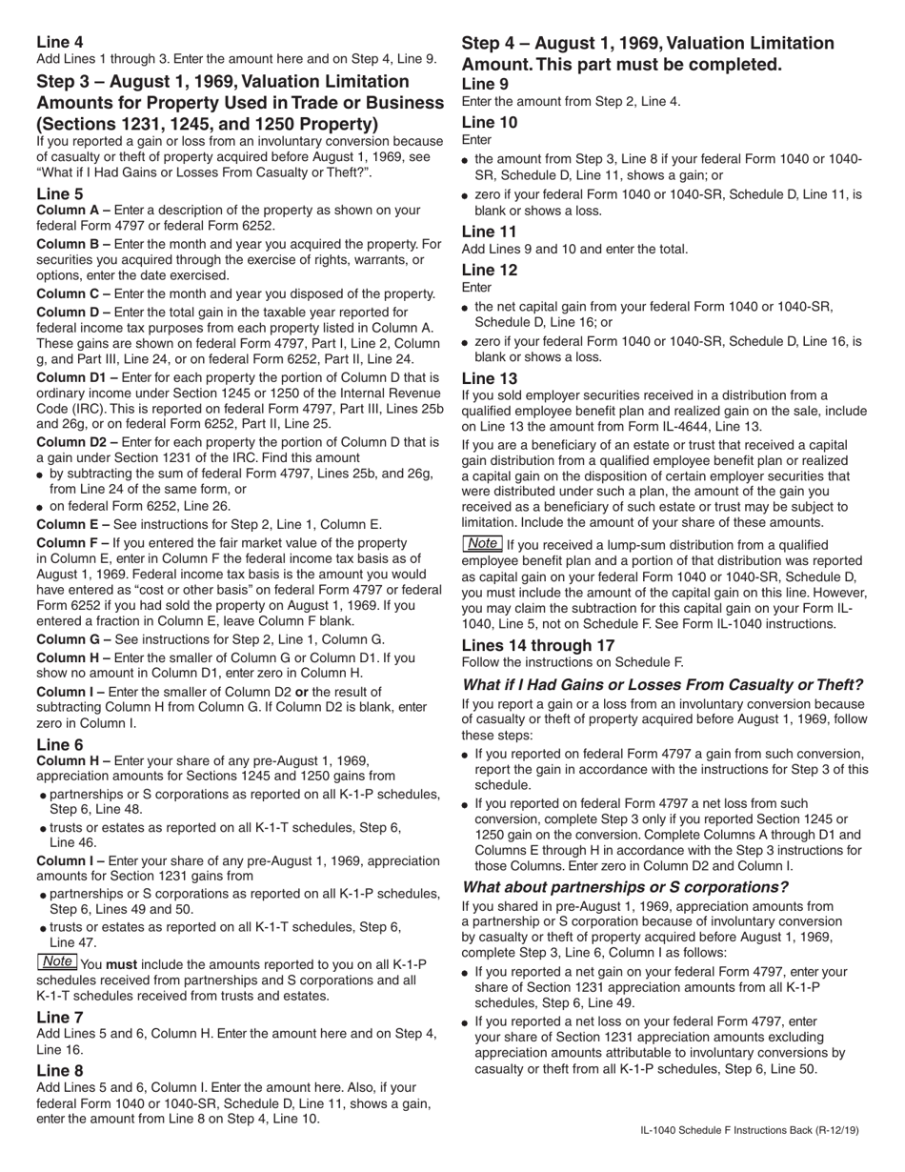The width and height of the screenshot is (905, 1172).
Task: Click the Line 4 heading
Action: (59, 42)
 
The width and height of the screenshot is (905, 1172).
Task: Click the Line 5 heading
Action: (59, 194)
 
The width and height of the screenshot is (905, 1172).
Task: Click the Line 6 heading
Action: (59, 745)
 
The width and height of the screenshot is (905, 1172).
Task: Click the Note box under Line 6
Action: (57, 962)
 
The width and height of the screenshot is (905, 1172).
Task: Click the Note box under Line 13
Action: (482, 543)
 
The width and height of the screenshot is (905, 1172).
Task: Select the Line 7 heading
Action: (59, 1018)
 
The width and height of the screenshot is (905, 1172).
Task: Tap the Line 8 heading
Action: (59, 1071)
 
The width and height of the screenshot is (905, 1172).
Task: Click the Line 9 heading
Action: (485, 84)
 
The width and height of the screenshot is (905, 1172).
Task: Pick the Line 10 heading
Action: (490, 122)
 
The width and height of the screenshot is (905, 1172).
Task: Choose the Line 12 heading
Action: (490, 270)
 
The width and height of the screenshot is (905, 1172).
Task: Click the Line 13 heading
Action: (490, 378)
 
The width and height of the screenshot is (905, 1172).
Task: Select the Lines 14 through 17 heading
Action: (538, 645)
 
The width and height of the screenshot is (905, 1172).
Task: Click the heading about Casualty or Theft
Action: (662, 685)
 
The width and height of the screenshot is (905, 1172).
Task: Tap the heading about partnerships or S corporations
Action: (625, 887)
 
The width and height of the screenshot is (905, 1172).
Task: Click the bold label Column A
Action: (67, 211)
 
